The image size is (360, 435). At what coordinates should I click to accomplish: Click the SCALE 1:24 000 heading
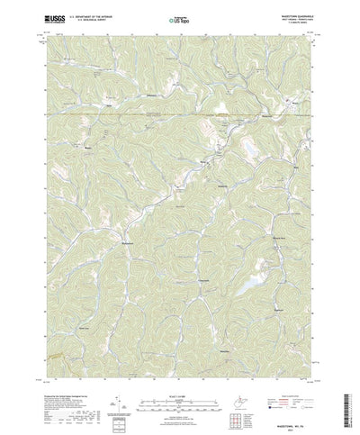point(179,367)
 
